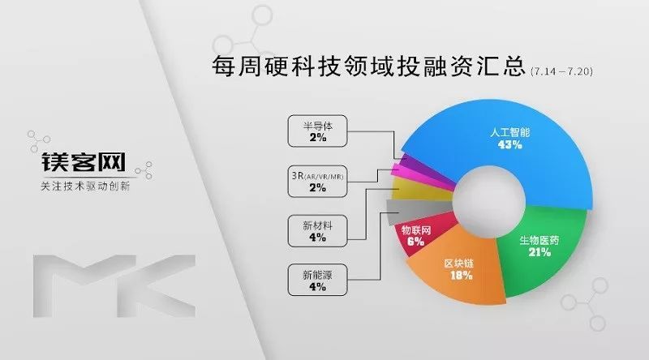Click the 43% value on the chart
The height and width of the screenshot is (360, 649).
pos(509,144)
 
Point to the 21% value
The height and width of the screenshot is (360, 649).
pos(539,252)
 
